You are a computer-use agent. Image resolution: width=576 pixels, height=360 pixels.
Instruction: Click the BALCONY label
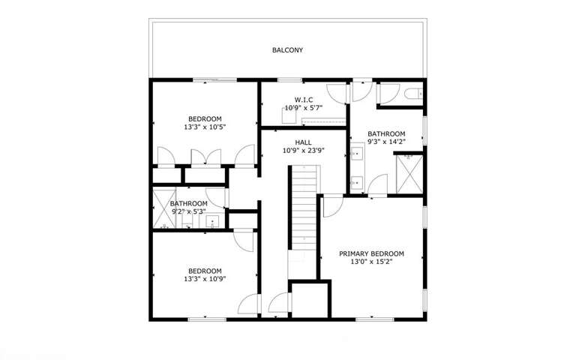[x=287, y=51]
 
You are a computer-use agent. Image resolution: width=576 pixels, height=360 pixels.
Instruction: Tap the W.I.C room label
[x=304, y=100]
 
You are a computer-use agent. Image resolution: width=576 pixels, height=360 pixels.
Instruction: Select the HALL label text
[x=303, y=142]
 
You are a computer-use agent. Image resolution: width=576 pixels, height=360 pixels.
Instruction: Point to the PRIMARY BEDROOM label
[x=371, y=253]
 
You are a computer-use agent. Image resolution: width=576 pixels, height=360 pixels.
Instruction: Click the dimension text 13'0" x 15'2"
[x=371, y=262]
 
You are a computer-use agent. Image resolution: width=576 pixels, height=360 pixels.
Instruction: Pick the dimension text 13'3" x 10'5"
[x=205, y=127]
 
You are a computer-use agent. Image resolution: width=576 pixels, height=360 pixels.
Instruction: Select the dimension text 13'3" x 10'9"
[x=205, y=279]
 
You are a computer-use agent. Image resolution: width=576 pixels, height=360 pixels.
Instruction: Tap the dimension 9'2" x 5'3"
[x=188, y=211]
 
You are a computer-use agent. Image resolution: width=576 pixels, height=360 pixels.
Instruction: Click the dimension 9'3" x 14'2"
[x=386, y=142]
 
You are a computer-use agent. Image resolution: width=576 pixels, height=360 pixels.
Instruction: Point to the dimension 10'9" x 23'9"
[x=303, y=150]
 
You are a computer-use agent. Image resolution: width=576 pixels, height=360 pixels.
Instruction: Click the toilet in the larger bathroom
[x=411, y=94]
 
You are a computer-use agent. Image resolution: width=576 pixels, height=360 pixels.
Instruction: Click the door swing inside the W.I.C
[x=337, y=94]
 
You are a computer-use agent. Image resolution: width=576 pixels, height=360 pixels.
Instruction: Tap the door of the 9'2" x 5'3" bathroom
[x=218, y=196]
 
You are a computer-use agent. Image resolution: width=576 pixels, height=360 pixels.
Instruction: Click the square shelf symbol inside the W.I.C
[x=289, y=115]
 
